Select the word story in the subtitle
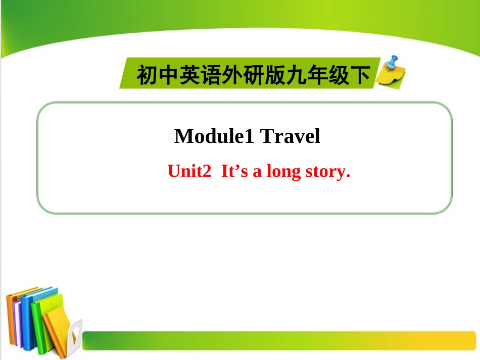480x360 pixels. pos(327,172)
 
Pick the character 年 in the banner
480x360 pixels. pos(313,76)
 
